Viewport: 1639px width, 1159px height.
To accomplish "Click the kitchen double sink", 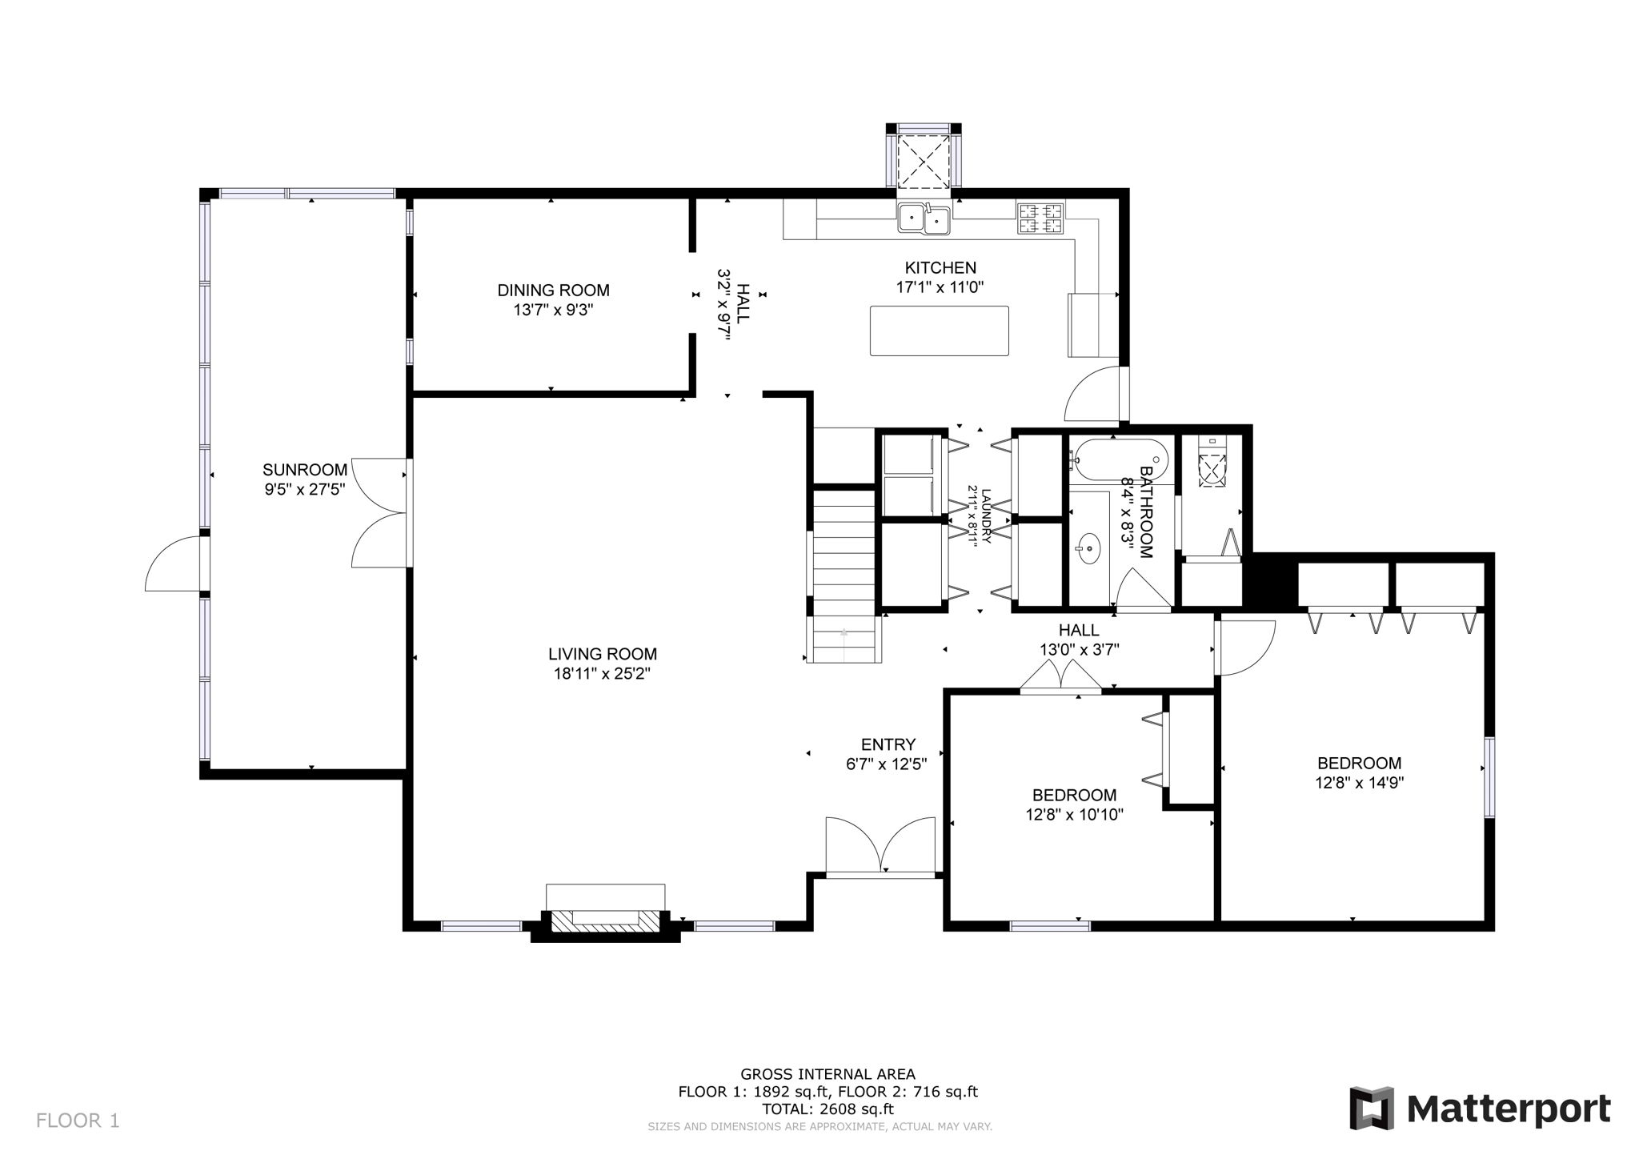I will [924, 218].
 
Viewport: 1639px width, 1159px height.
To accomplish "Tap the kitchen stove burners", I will [1040, 219].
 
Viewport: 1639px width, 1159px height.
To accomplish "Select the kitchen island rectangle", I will [939, 331].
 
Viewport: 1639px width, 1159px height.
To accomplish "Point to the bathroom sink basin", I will [1088, 549].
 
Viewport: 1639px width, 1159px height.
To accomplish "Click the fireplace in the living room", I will [606, 920].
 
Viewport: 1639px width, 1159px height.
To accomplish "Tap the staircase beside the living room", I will [845, 576].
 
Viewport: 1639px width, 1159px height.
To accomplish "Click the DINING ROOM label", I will [553, 291].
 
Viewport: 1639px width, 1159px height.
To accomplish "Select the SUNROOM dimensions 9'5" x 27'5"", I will [305, 490].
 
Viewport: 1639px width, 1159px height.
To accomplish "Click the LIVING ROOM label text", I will [602, 654].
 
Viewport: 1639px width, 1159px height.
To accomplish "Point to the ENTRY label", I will [888, 744].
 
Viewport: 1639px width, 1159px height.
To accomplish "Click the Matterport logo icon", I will [1372, 1109].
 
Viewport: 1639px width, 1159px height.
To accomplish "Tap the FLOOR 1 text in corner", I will [78, 1120].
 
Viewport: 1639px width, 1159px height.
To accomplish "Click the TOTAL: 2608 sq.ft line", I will [828, 1109].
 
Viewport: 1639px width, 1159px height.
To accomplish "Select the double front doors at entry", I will [880, 848].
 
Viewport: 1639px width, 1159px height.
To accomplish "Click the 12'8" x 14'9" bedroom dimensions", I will [1359, 783].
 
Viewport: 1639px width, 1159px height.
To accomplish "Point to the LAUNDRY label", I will [986, 516].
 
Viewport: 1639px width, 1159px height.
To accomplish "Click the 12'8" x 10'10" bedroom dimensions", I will [1074, 815].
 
